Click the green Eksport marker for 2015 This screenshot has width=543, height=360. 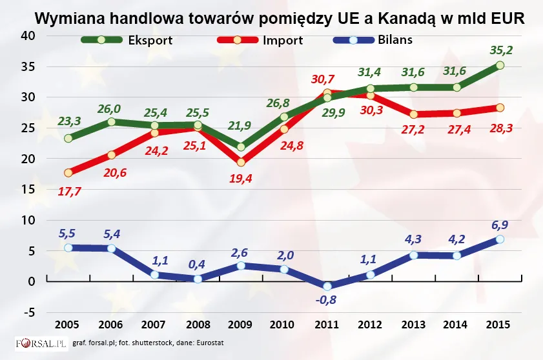click(x=500, y=65)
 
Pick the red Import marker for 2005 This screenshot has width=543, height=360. click(x=68, y=172)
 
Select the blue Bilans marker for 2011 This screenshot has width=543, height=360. click(x=327, y=286)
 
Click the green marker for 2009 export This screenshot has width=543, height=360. click(x=241, y=146)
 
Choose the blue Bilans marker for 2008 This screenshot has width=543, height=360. click(x=198, y=279)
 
